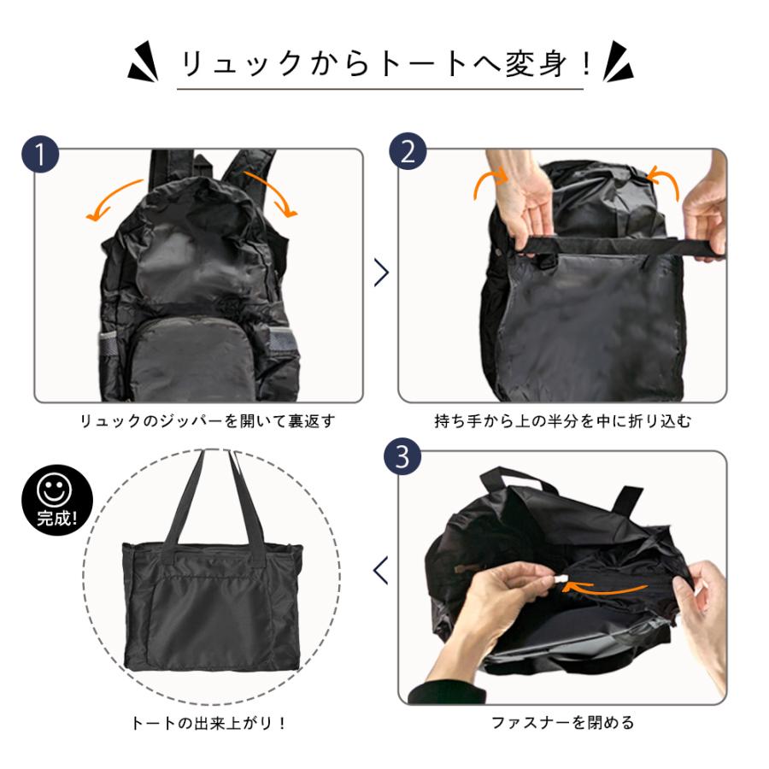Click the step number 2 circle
point(407,151)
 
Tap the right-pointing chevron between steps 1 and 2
point(381,273)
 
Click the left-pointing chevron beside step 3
point(381,570)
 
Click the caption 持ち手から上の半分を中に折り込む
point(563,421)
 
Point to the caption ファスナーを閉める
point(563,723)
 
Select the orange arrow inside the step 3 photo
point(608,588)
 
